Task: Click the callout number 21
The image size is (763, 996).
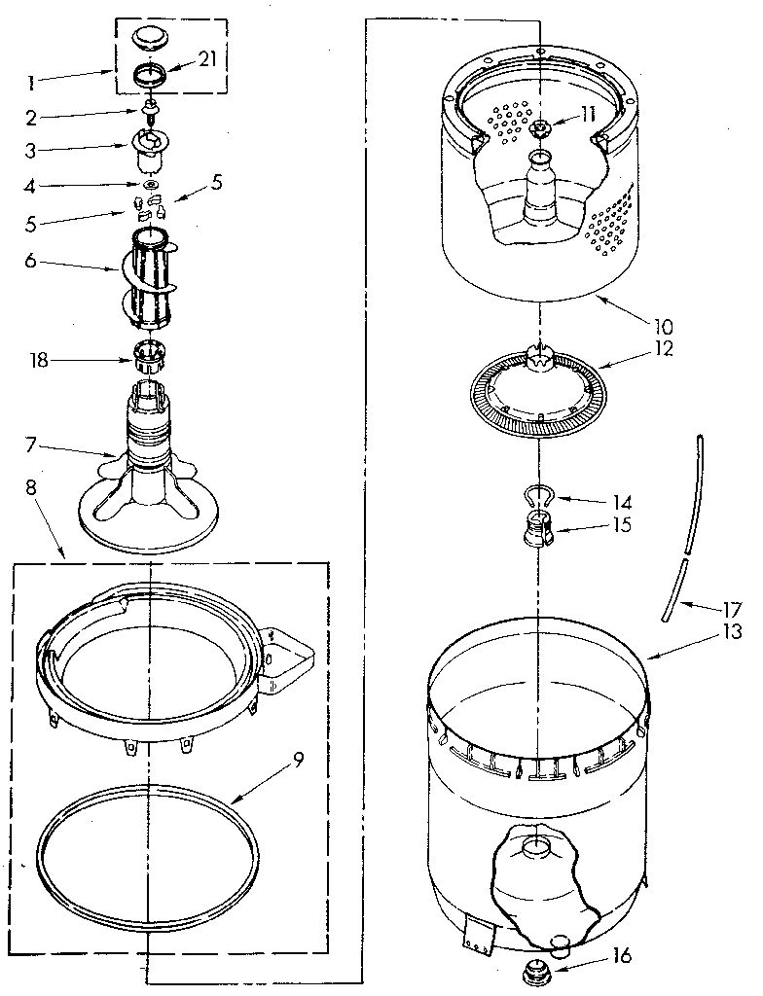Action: (x=206, y=59)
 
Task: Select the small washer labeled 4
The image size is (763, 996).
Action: (x=151, y=184)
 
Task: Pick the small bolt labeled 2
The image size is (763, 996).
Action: (x=151, y=110)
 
